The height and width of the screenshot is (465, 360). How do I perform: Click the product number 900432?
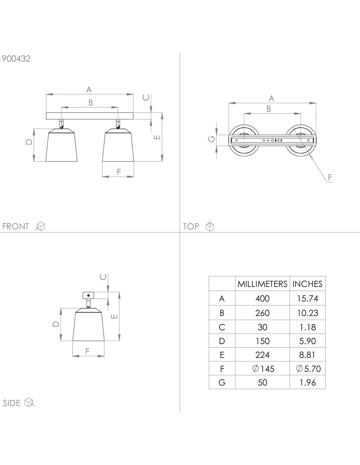pos(16,59)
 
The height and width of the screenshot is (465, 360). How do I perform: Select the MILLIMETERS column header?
pos(262,284)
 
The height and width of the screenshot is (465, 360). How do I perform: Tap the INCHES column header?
pos(307,284)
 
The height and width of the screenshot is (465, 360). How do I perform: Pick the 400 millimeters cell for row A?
pos(262,298)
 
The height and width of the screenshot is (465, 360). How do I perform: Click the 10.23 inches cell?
pos(307,313)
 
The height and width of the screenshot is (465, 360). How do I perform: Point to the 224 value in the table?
pos(262,355)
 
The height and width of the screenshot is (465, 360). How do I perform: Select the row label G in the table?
pos(222,382)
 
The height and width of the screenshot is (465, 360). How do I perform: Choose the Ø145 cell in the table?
pos(263,369)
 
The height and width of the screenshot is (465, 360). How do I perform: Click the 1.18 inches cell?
pos(307,327)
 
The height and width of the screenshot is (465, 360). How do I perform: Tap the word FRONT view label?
pos(15,226)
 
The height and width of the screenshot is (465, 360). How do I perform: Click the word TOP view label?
pos(191,226)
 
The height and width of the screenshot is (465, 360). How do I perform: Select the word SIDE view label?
pos(12,403)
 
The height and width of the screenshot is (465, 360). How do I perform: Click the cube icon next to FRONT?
pos(41,226)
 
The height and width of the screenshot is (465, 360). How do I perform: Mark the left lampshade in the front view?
pos(62,146)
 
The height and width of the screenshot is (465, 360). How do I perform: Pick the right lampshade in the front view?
pos(118,146)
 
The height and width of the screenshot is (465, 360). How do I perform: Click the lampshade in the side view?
pos(88,325)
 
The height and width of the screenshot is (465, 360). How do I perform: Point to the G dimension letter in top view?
pos(212,139)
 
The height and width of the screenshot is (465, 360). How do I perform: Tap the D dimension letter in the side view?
pos(56,324)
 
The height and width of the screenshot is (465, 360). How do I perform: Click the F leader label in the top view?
pos(330,178)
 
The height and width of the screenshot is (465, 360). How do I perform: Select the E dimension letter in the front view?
pos(157,137)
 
